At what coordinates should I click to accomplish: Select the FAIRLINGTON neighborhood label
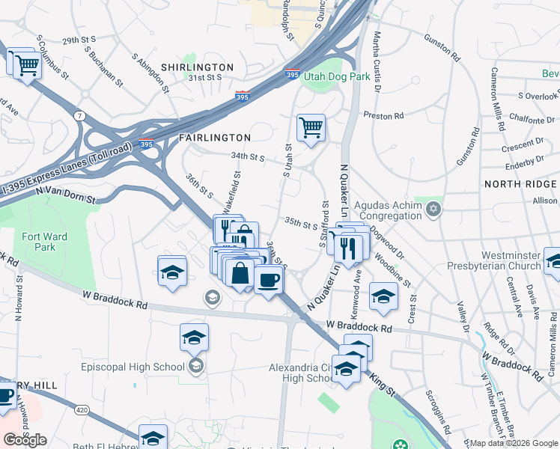(x=214, y=138)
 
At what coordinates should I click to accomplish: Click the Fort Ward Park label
(x=44, y=242)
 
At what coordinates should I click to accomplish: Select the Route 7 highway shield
(x=79, y=116)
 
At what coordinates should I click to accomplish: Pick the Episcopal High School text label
(x=133, y=367)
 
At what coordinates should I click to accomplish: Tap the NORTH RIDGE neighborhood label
(x=520, y=184)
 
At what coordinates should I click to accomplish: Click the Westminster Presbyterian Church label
(x=490, y=260)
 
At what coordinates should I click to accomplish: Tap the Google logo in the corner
(x=25, y=440)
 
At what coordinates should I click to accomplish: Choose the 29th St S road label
(x=80, y=40)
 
